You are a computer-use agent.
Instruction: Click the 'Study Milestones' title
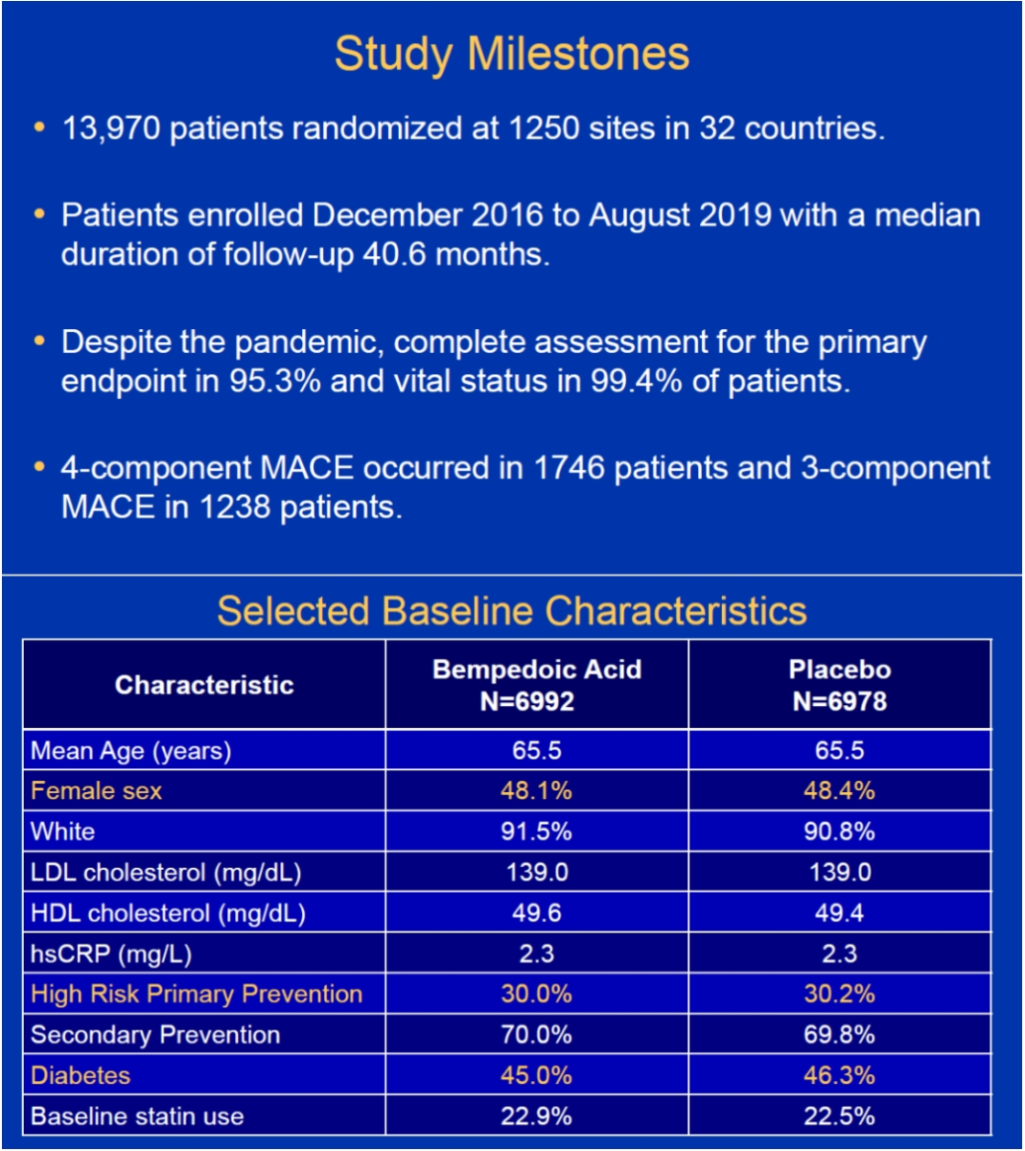tap(512, 55)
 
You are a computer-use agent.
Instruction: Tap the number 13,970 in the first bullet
tap(111, 129)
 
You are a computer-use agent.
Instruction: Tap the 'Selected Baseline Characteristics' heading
tap(512, 611)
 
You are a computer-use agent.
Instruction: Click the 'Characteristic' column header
tap(204, 685)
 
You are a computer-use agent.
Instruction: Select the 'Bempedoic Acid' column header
tap(537, 669)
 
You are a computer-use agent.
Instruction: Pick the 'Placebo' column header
tap(840, 669)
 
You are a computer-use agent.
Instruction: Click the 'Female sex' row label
tap(97, 790)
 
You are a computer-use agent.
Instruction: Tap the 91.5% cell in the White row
tap(537, 832)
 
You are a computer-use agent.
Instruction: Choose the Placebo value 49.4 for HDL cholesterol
tap(839, 913)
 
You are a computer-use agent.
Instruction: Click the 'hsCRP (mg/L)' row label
tap(111, 954)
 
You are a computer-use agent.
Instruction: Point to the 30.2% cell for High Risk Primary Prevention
tap(839, 995)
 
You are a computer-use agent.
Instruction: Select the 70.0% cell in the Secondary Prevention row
tap(537, 1035)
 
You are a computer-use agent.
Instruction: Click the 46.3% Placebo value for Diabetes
tap(839, 1076)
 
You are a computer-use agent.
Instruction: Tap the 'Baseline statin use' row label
tap(137, 1116)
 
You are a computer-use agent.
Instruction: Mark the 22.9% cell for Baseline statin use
tap(537, 1116)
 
